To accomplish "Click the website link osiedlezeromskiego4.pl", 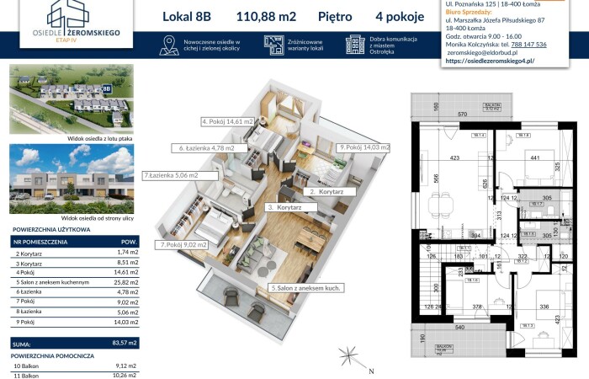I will point(489,61).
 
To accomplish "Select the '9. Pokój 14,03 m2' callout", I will point(363,147).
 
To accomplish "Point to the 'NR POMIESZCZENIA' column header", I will point(40,241).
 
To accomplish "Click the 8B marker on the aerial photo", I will point(107,88).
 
